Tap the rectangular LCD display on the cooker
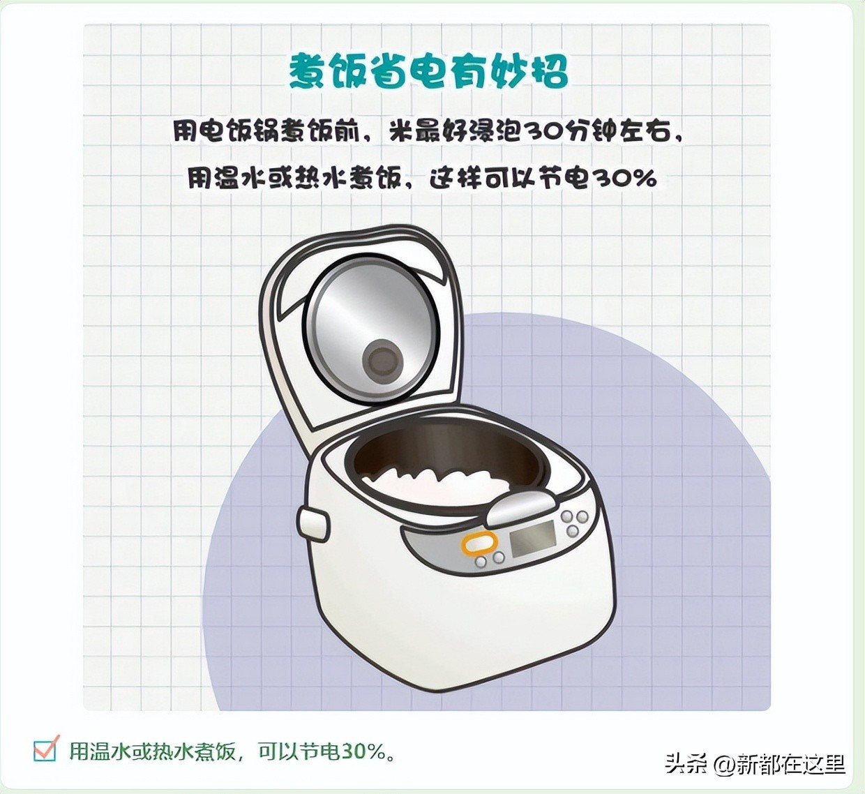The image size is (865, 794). coord(532,538)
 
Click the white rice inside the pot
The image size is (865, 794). coord(435,483)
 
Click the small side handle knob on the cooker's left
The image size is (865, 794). coord(313,523)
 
